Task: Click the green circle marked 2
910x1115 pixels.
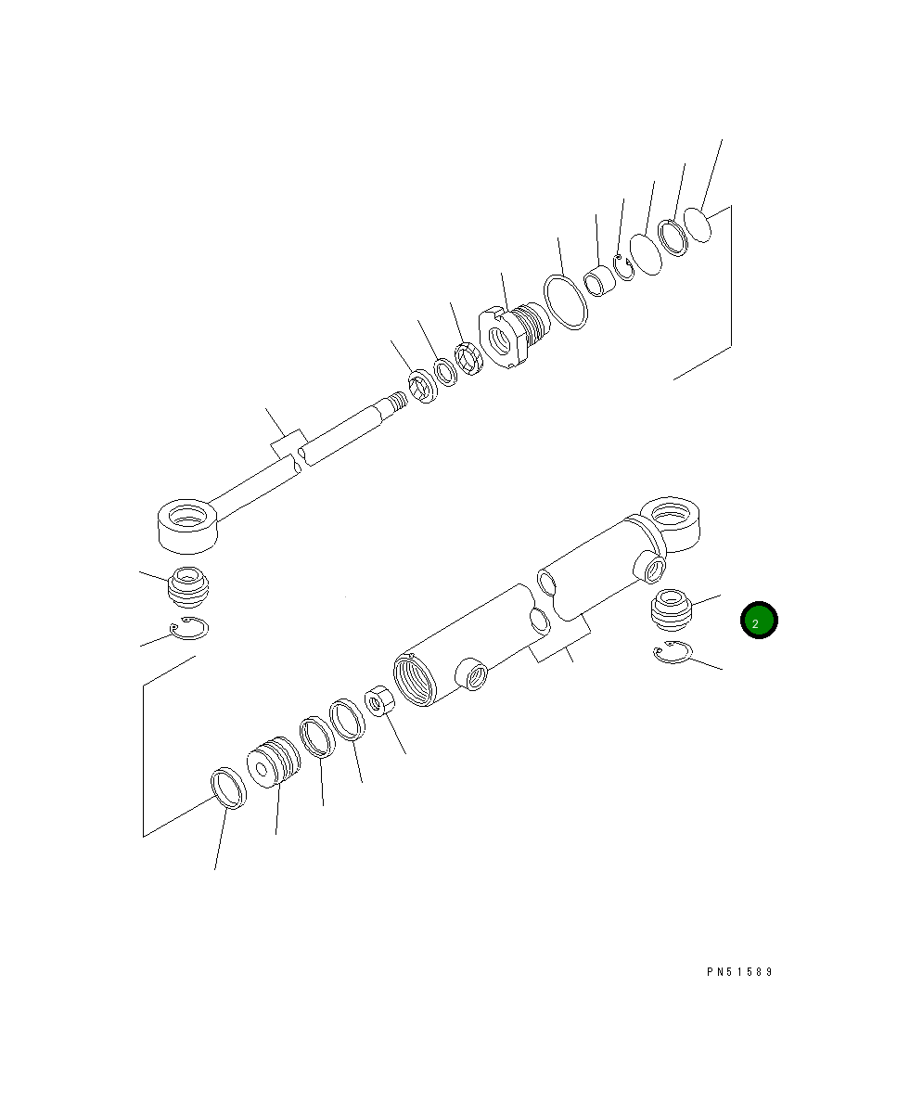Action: click(x=758, y=622)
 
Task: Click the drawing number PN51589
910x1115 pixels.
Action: click(x=738, y=972)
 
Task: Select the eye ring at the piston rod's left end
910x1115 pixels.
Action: click(x=188, y=522)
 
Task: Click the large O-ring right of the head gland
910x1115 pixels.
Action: click(x=565, y=301)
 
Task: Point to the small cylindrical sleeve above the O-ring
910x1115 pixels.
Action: click(x=598, y=280)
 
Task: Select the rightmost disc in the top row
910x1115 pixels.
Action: click(x=699, y=224)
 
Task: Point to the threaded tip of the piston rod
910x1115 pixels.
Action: click(x=396, y=403)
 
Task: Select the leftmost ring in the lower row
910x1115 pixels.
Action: click(x=228, y=788)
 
